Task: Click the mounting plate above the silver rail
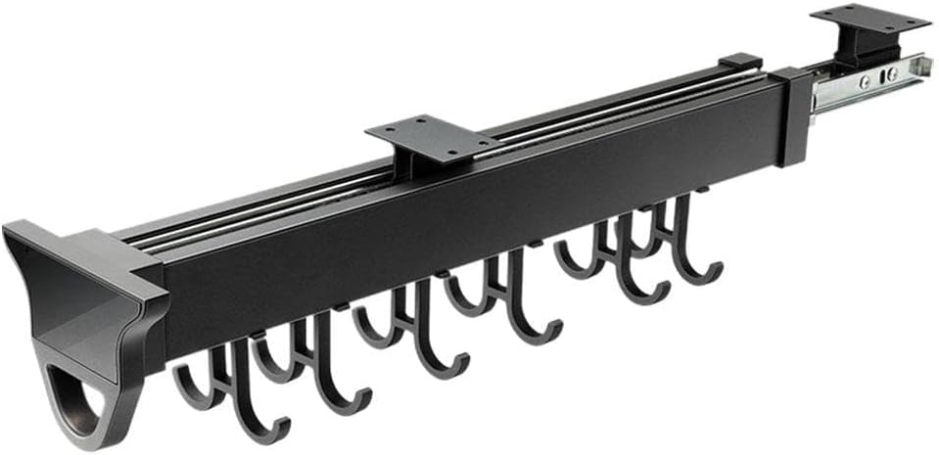pyautogui.click(x=869, y=18)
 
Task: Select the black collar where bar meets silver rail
pyautogui.click(x=794, y=115)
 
